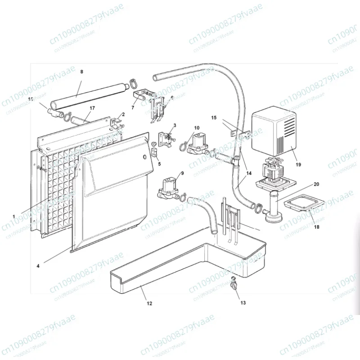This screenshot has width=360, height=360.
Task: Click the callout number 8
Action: click(x=81, y=72)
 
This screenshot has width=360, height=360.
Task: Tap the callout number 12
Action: click(x=149, y=303)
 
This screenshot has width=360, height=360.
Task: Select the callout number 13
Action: click(x=243, y=303)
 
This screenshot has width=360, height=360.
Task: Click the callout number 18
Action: click(x=317, y=228)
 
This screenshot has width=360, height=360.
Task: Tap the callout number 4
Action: click(x=38, y=266)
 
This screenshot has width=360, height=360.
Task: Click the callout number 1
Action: click(x=14, y=216)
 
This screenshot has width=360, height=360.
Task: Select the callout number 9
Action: click(x=182, y=173)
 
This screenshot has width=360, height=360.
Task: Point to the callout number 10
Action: click(x=197, y=128)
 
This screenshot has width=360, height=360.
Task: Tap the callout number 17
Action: click(x=92, y=108)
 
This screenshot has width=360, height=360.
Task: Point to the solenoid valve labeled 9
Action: click(x=169, y=188)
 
